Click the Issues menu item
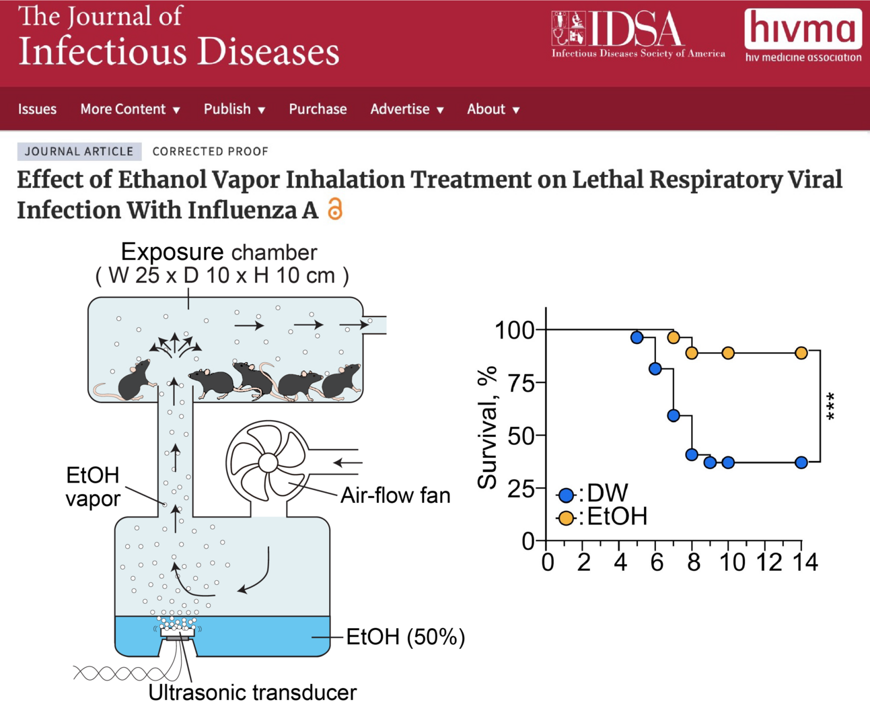(37, 109)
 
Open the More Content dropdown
(130, 109)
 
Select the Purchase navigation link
(318, 109)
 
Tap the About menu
(493, 109)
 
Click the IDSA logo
(638, 34)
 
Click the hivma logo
(803, 35)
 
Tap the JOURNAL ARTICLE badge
(79, 151)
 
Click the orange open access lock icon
(335, 209)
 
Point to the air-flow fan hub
(268, 462)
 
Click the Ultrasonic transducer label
(252, 692)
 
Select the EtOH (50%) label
(405, 637)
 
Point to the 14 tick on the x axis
(805, 562)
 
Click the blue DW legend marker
(566, 495)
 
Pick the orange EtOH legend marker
(566, 518)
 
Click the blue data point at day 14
(801, 462)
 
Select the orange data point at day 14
(801, 353)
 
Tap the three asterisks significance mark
(832, 407)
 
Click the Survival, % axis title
(487, 427)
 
